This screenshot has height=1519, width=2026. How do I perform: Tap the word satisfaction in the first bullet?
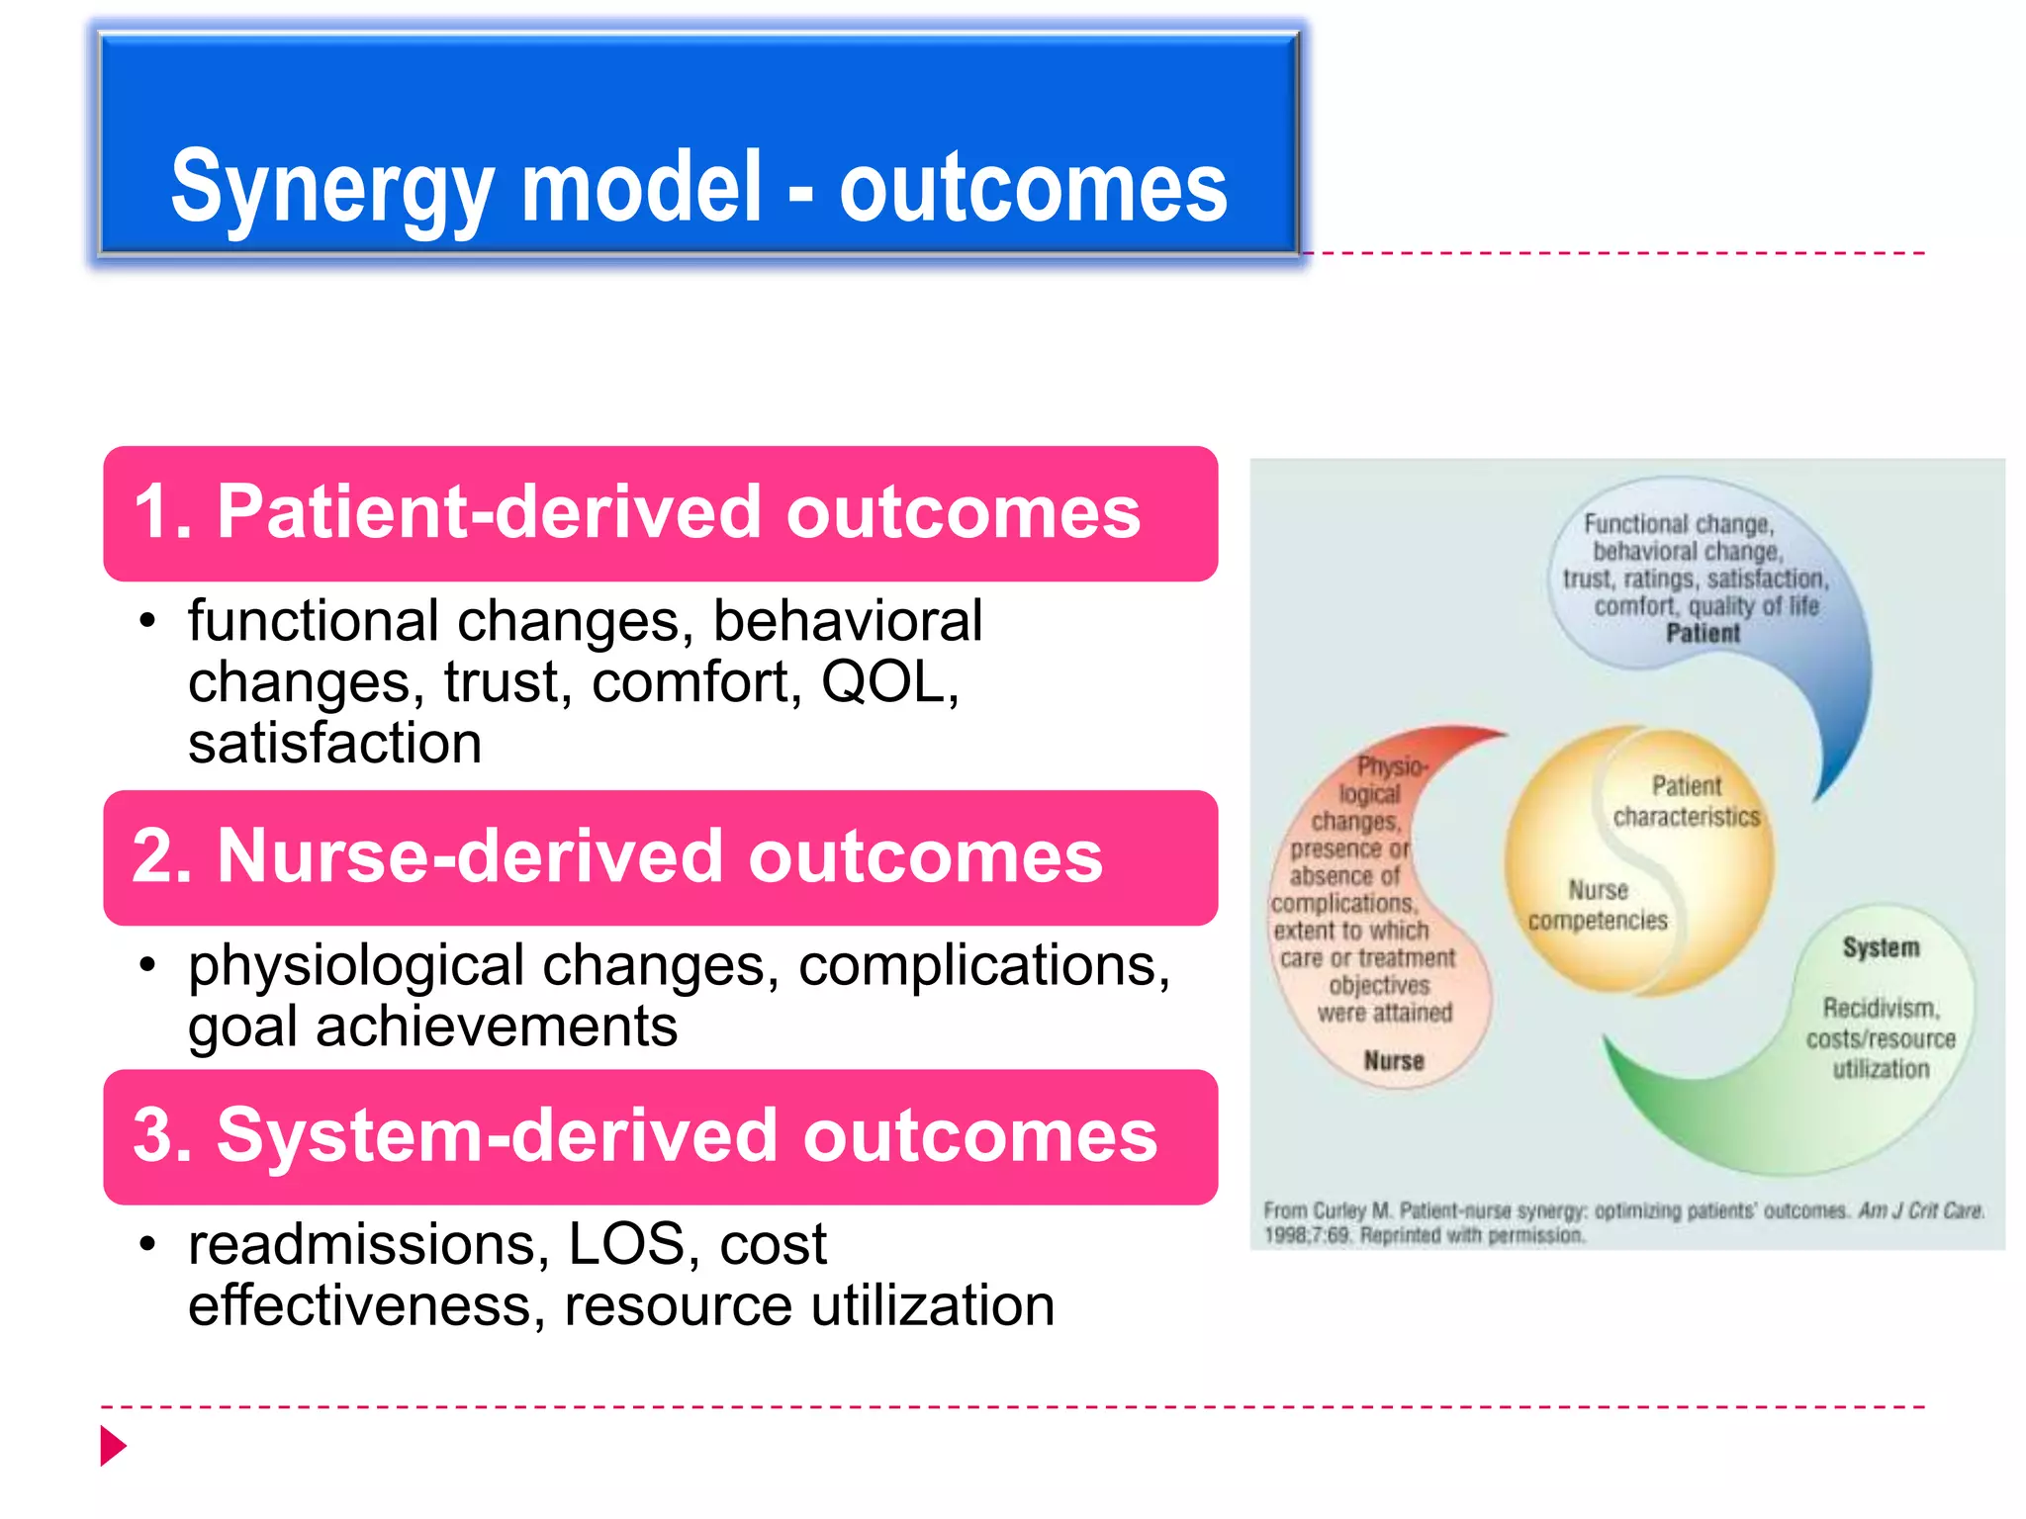334,744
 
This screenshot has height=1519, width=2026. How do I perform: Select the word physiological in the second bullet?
355,965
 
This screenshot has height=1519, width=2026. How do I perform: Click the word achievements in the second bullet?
496,1027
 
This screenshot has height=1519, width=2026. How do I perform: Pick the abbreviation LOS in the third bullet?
626,1244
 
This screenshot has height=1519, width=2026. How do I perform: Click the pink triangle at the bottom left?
113,1446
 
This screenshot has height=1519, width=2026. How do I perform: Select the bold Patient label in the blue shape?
1702,634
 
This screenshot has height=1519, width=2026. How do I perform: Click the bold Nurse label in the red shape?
1393,1061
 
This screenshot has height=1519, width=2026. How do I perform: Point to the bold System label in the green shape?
1881,947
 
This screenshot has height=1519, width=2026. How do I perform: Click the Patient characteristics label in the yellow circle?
1686,802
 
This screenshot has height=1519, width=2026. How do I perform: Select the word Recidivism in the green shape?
1881,1009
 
